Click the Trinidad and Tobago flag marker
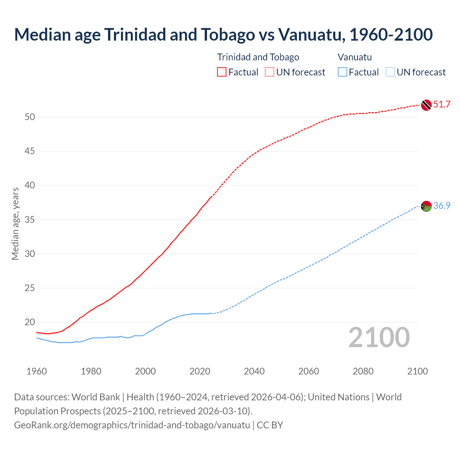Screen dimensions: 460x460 tap(426, 105)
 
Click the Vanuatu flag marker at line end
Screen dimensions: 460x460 tap(426, 206)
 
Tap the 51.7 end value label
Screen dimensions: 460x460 tap(442, 105)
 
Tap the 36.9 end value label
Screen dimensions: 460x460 tap(442, 206)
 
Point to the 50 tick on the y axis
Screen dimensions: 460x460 tap(30, 117)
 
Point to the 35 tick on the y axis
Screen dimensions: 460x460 tap(30, 220)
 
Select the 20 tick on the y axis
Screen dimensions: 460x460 tap(30, 322)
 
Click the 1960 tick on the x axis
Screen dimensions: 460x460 tap(37, 371)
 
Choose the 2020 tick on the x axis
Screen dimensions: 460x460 tap(200, 371)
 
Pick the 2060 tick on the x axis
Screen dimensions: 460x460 tap(309, 371)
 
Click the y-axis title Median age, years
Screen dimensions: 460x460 tap(15, 224)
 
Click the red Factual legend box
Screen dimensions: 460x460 tap(222, 72)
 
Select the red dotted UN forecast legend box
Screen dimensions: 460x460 tap(270, 72)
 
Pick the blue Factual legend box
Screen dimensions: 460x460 tap(342, 72)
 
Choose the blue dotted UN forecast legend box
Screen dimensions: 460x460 tap(390, 72)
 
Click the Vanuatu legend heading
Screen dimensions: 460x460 tap(355, 57)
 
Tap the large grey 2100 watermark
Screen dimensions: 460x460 tap(379, 337)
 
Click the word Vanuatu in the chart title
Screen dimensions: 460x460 tap(309, 34)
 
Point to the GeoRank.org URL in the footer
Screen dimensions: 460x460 tap(132, 425)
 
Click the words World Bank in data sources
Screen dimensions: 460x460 tap(96, 397)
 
